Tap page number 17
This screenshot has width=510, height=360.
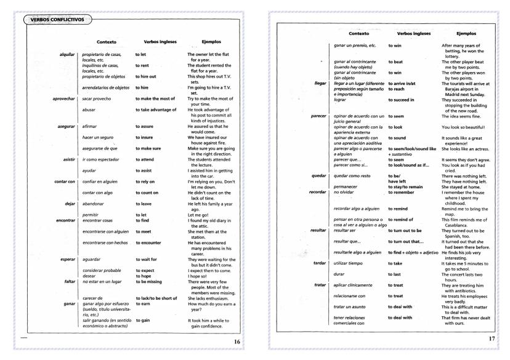[492, 338]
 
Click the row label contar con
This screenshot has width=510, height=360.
[64, 182]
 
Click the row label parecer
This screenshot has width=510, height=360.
[318, 116]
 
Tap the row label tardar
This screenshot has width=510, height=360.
[319, 263]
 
